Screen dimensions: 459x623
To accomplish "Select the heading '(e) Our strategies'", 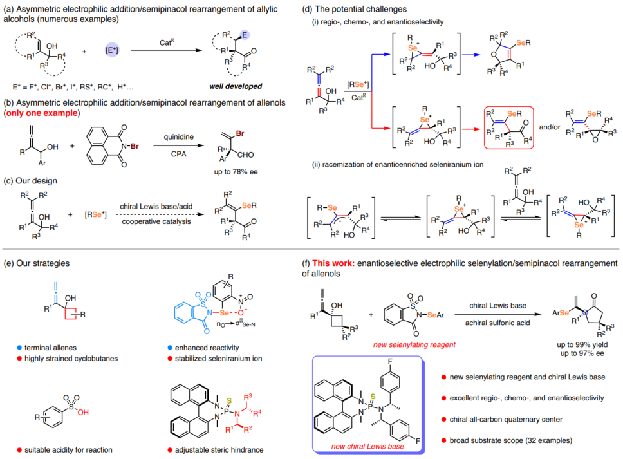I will (39, 263).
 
